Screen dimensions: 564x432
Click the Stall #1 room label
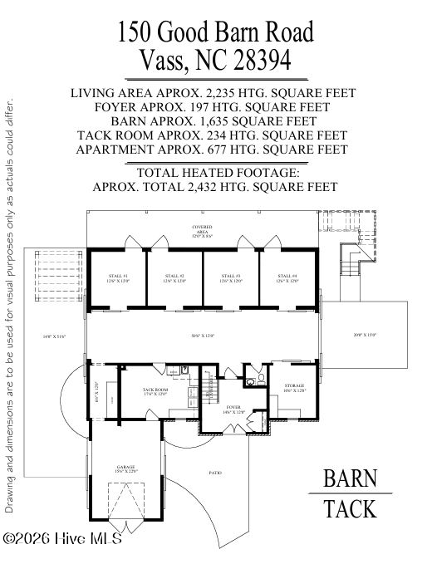point(119,278)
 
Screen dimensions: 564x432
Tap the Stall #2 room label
point(175,278)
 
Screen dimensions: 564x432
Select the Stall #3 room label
point(232,278)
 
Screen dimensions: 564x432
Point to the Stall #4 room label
point(287,278)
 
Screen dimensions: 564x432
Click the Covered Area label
point(202,229)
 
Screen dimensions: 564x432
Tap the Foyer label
point(233,409)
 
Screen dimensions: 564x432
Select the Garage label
point(125,469)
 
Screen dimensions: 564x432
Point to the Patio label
point(215,473)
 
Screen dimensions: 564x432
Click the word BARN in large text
point(350,479)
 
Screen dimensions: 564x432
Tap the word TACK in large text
point(350,508)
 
